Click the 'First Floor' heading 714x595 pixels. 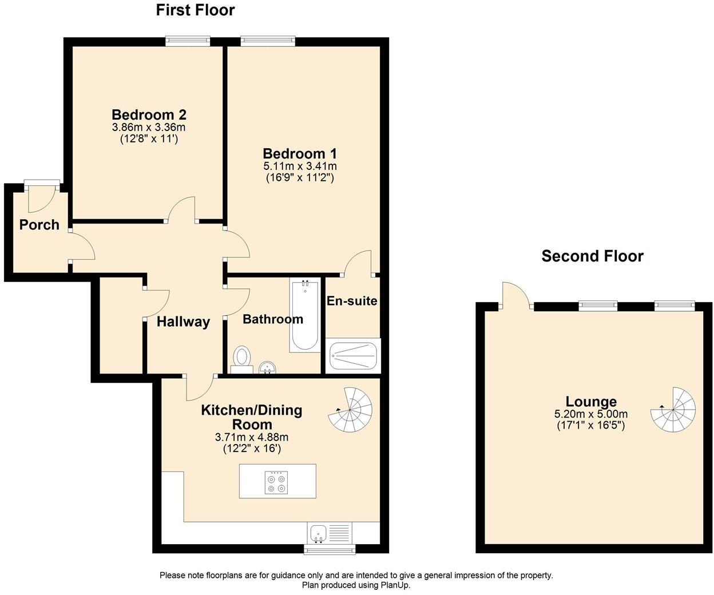pos(195,10)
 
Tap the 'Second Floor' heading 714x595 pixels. pos(592,256)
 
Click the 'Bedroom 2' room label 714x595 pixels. pos(149,114)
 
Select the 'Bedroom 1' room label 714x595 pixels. pos(299,153)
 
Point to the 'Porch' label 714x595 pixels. pos(39,225)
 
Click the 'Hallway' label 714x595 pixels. pos(183,322)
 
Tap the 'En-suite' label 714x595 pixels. pos(351,300)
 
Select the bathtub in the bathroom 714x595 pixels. pos(304,316)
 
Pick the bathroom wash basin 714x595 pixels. pos(267,367)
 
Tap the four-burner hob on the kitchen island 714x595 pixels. pos(277,482)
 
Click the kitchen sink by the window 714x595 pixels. pos(319,533)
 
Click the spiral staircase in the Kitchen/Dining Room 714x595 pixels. pos(351,408)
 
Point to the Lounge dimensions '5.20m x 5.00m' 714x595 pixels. pos(590,414)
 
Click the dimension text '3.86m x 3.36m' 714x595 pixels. pos(149,127)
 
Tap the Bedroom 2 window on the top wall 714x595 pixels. pos(188,41)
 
